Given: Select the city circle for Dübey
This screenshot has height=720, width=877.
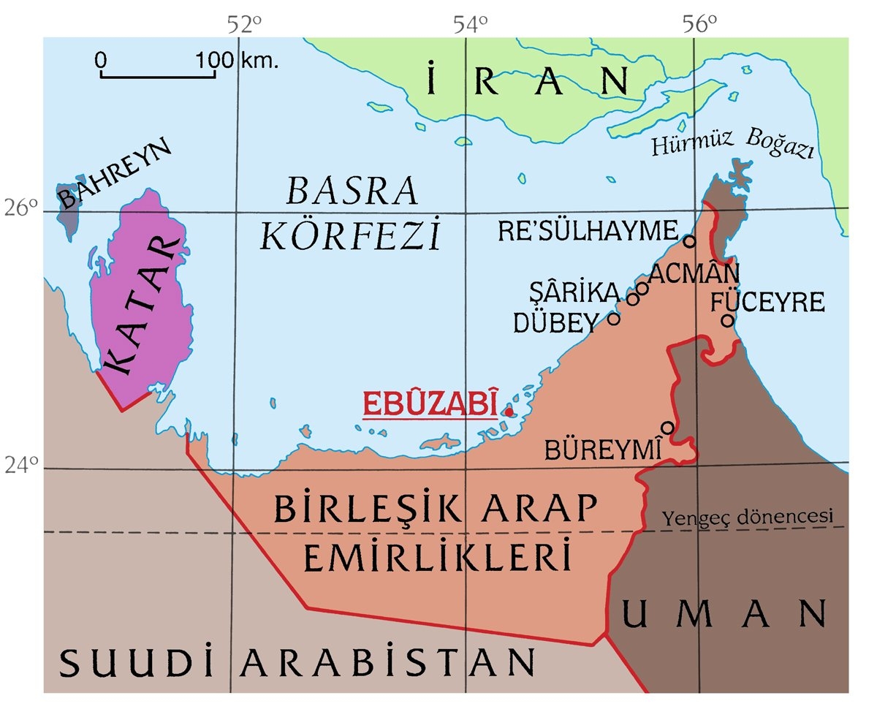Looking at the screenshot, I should [614, 318].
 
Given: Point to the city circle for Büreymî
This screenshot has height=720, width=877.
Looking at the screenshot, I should [667, 427].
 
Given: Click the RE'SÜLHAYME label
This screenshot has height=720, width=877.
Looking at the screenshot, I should [588, 232].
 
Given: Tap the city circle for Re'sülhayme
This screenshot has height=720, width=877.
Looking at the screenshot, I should [688, 240].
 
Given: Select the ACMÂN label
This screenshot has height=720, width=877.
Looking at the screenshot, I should [694, 273].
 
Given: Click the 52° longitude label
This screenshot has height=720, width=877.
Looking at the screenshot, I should [243, 25].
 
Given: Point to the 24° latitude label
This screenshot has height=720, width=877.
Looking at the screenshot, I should [21, 465].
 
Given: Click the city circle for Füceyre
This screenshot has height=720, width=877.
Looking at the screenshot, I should [727, 319].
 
